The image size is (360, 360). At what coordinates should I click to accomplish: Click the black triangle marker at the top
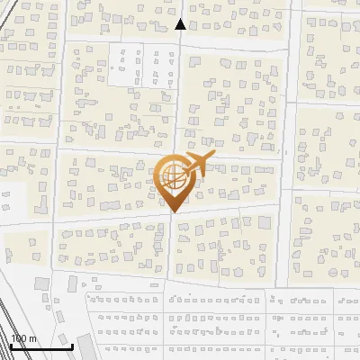click(180, 24)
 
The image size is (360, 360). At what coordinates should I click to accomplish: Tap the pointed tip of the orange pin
click(172, 211)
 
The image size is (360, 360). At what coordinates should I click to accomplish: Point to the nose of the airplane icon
click(211, 157)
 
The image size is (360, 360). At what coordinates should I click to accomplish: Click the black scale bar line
click(41, 346)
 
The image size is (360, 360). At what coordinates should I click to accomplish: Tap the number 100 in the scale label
click(19, 338)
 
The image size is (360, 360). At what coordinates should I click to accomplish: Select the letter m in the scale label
click(32, 339)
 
